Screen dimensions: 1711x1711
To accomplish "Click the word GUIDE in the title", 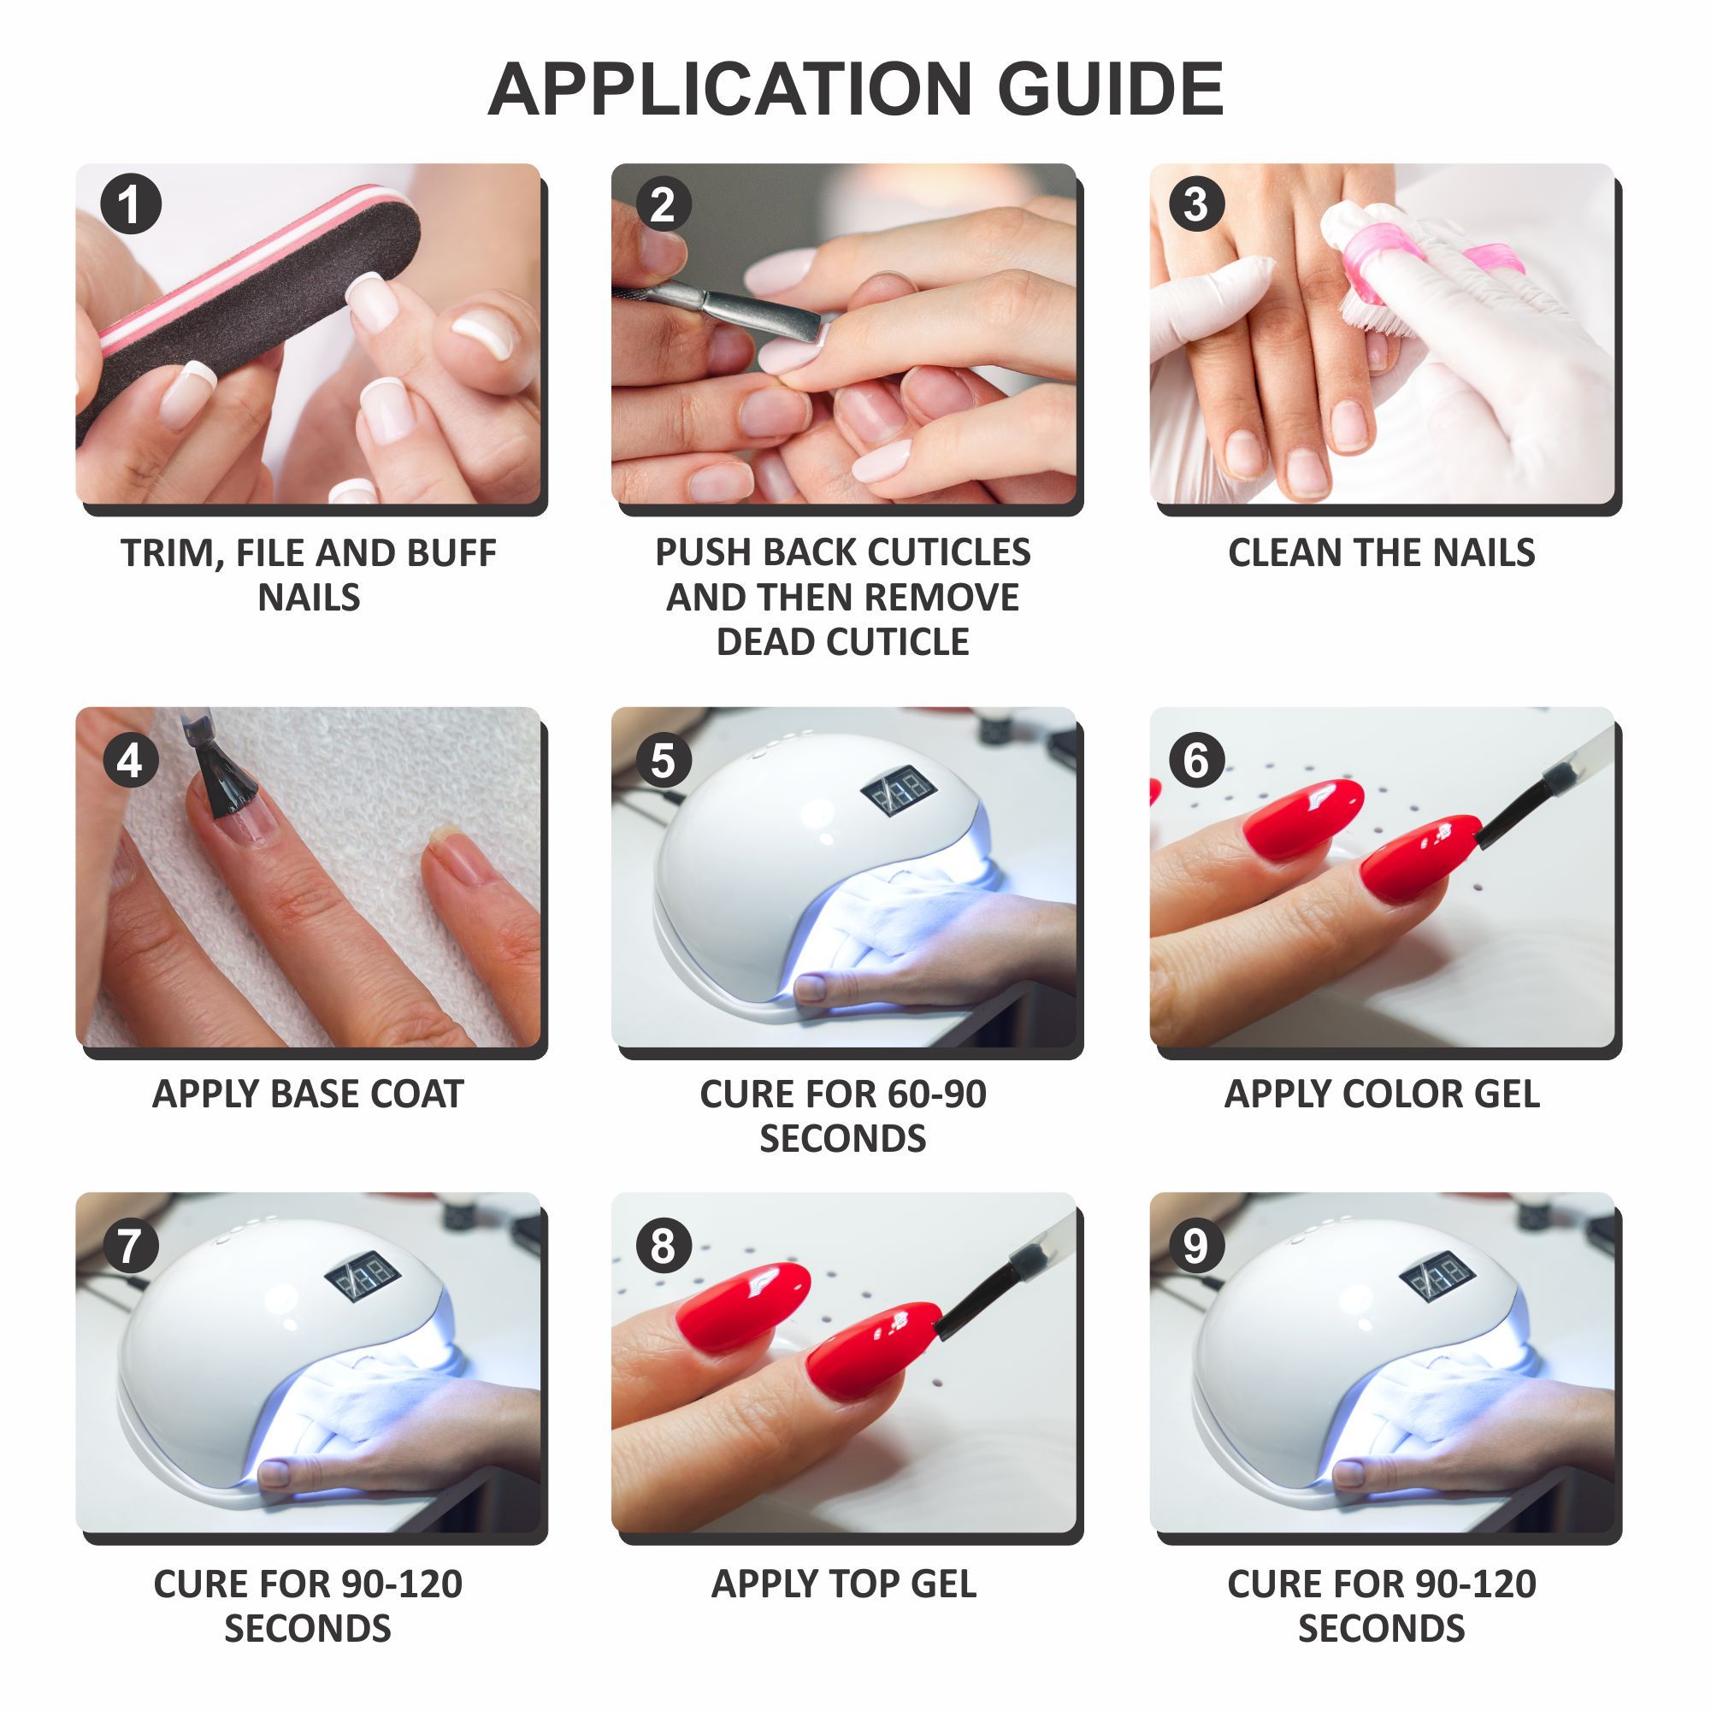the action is click(x=1110, y=90).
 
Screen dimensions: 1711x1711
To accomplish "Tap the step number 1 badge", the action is click(x=130, y=204).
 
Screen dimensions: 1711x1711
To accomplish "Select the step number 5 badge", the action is click(x=664, y=761).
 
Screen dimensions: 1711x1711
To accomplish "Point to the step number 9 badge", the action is click(x=1195, y=1246).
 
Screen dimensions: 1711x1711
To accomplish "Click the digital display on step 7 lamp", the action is click(x=364, y=1276).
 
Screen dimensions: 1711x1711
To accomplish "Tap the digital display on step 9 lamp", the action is click(x=1437, y=1276).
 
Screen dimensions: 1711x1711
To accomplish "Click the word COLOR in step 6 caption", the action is click(x=1401, y=1094).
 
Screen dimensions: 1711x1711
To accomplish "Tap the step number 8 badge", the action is click(x=664, y=1246).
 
